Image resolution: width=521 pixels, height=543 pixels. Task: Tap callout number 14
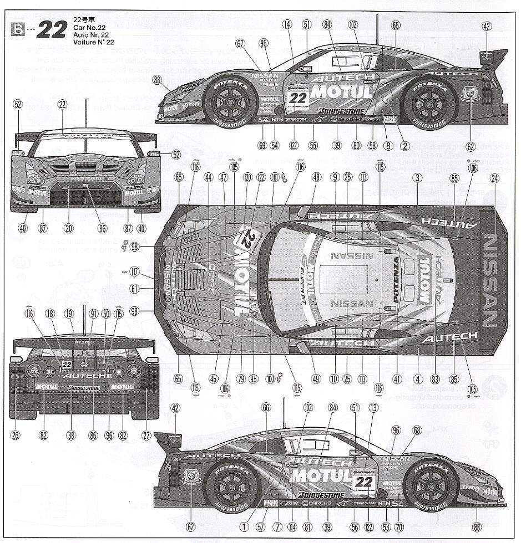coord(287,24)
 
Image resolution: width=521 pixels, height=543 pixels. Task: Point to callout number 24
coord(494,178)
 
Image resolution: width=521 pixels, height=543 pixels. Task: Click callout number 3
coord(418,178)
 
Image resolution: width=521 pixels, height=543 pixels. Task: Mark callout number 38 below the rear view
coord(71,436)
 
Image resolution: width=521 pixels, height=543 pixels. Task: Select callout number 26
coord(15,436)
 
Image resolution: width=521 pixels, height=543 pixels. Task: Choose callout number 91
coord(93,314)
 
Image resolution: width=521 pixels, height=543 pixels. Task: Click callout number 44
coord(209,178)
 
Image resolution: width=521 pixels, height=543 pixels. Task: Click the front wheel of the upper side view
coord(229,100)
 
